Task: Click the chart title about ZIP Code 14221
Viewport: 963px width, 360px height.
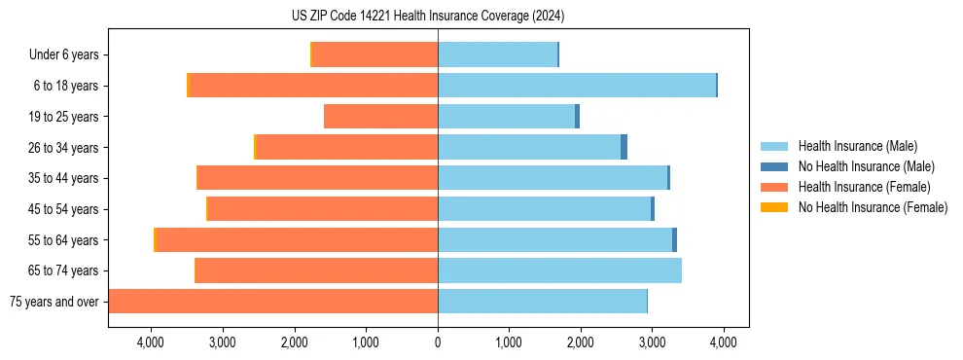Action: point(428,17)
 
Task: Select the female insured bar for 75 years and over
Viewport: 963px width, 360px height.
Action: point(273,302)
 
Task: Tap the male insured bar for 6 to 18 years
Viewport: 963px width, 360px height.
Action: point(577,86)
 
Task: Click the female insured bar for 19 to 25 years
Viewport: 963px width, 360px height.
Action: point(381,117)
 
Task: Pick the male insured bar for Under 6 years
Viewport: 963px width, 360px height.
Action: point(497,54)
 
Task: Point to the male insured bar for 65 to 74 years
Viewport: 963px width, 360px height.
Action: point(559,270)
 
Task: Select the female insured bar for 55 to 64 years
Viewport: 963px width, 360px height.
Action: point(298,239)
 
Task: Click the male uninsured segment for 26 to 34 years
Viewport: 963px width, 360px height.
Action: point(624,147)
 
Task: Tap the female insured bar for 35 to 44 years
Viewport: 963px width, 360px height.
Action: point(318,178)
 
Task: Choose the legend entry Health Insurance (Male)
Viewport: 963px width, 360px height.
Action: point(857,146)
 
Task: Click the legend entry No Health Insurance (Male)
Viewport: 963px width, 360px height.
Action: point(866,166)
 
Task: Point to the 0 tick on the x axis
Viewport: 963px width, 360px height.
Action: point(438,342)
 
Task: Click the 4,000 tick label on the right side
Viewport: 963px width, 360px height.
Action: point(723,342)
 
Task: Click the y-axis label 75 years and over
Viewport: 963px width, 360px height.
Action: point(54,302)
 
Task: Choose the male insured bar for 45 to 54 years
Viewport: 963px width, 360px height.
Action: point(544,209)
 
